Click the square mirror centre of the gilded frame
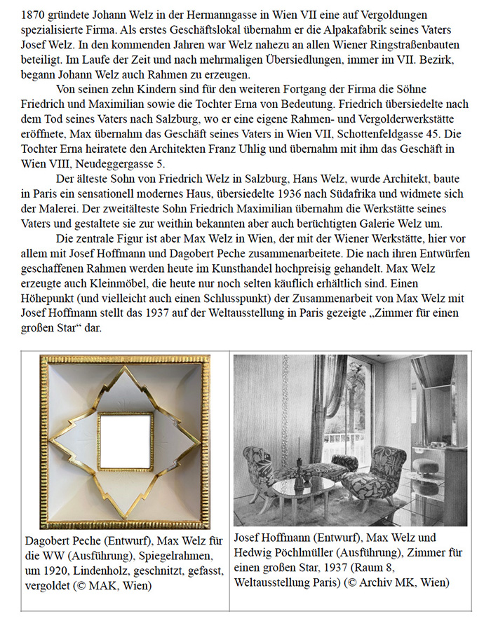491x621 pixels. pos(124,442)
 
